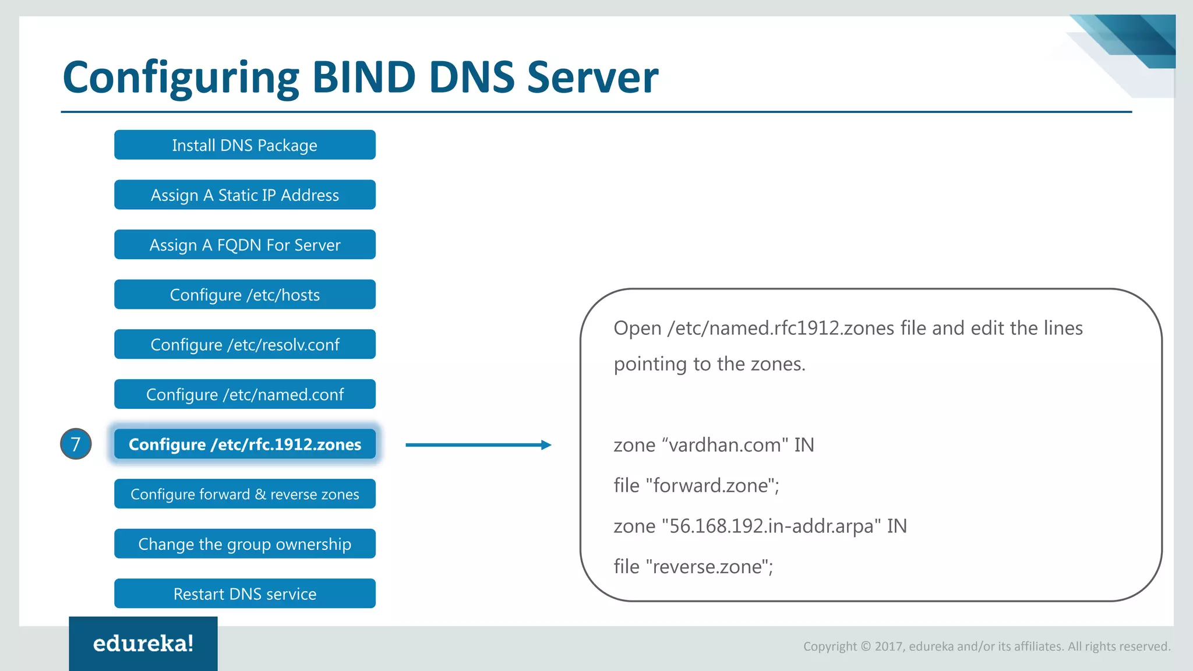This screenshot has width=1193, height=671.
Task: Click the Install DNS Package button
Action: (x=245, y=145)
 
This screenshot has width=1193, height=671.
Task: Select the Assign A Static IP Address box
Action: (x=245, y=195)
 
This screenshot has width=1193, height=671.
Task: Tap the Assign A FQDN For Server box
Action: (x=245, y=245)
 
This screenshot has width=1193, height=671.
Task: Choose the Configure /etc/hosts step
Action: (x=245, y=295)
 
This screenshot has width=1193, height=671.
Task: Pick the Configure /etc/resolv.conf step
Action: (x=245, y=344)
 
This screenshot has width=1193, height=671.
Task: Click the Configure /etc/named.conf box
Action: (x=245, y=394)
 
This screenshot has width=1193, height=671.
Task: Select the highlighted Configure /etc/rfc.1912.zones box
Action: (x=245, y=444)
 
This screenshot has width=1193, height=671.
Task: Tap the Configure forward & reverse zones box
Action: (x=245, y=494)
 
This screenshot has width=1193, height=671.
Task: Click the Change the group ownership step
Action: (x=245, y=544)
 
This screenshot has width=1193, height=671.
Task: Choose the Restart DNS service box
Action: (x=245, y=594)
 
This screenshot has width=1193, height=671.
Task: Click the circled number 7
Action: (x=76, y=444)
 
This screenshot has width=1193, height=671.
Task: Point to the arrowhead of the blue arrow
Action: (x=546, y=445)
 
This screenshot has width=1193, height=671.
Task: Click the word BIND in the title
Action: (x=364, y=77)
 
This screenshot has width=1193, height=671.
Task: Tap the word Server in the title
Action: (x=592, y=77)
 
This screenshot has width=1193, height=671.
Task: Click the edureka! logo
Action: (x=143, y=644)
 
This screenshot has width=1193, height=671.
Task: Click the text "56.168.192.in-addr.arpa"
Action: (x=771, y=526)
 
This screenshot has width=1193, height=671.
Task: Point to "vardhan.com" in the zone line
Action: (x=725, y=445)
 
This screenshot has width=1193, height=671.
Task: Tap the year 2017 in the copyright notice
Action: (x=888, y=647)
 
